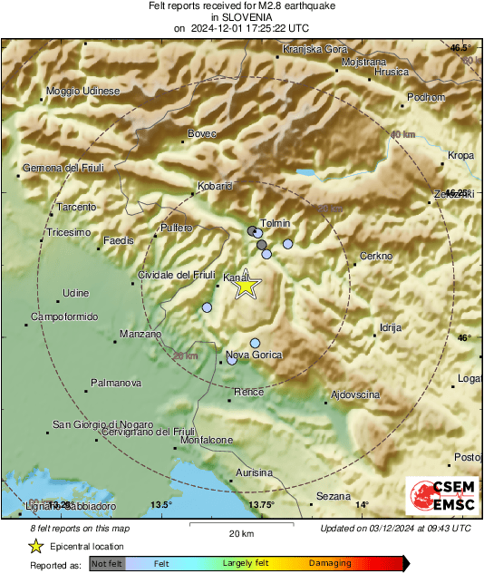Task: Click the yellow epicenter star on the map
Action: (x=246, y=287)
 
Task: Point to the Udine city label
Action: (x=75, y=292)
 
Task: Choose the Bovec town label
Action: (x=202, y=134)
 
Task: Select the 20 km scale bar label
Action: (x=240, y=533)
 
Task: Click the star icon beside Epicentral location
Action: (x=36, y=546)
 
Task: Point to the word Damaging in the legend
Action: (x=330, y=563)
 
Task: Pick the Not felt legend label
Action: (x=107, y=563)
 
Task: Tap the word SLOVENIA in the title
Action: (x=240, y=16)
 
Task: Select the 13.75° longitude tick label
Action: (x=261, y=504)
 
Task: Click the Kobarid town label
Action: (x=215, y=186)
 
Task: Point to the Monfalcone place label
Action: (x=207, y=440)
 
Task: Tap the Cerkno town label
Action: (x=375, y=257)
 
